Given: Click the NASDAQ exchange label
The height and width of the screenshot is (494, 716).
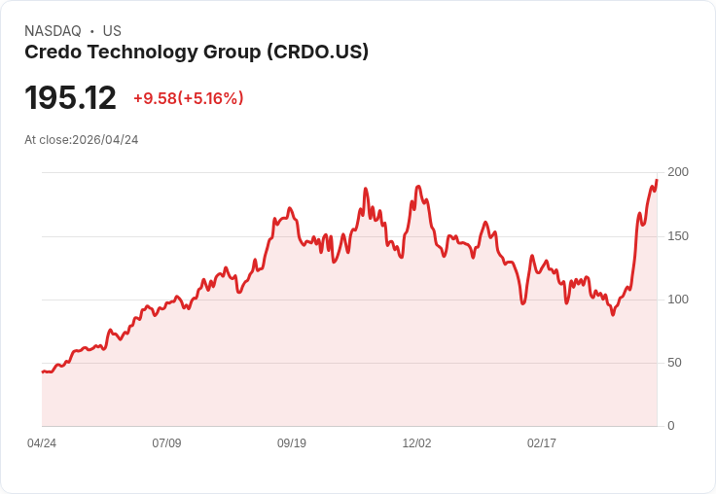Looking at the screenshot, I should (x=53, y=31).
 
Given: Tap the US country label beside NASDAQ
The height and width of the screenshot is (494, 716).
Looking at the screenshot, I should (x=112, y=31).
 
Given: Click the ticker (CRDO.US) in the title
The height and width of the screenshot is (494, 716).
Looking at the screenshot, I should (x=317, y=53).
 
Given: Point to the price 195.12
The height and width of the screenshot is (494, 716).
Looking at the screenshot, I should (x=70, y=98).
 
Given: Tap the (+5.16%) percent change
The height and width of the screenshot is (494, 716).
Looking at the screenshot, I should (x=210, y=98).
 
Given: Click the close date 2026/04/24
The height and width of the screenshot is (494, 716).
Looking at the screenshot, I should (x=105, y=140).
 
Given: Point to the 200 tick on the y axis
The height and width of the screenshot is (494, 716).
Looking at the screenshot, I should (x=677, y=172).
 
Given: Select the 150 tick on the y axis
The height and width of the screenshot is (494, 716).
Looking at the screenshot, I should (x=677, y=236).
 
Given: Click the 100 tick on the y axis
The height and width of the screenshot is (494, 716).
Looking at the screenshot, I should (x=677, y=300).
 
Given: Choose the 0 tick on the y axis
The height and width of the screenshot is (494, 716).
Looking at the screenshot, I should (x=671, y=426).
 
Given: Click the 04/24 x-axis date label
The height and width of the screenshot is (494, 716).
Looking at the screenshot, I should (x=42, y=443).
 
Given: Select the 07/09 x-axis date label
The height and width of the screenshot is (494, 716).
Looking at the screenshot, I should (x=166, y=443).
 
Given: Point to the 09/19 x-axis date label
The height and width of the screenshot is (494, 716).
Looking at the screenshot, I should (x=292, y=443).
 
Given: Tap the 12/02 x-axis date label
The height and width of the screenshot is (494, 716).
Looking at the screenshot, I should (x=416, y=443).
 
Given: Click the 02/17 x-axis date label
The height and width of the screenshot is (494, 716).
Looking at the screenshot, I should (x=542, y=443).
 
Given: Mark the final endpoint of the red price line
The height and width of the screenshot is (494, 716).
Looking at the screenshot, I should (x=657, y=180).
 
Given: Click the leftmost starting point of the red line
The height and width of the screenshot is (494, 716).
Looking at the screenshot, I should (x=42, y=371).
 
